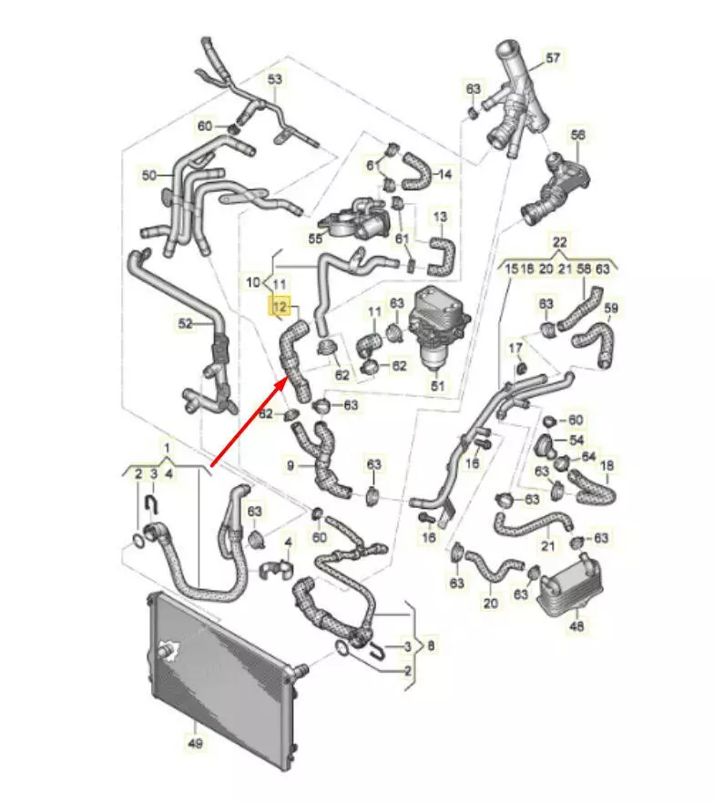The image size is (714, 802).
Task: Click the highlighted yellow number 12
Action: tap(277, 307)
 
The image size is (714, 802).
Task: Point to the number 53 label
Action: tap(275, 79)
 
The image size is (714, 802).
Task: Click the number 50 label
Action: tap(150, 173)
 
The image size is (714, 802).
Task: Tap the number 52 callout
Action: tap(186, 322)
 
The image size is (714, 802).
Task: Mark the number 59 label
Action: tap(611, 308)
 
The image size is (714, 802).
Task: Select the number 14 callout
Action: tap(444, 173)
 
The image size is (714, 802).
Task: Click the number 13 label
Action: tap(440, 217)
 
